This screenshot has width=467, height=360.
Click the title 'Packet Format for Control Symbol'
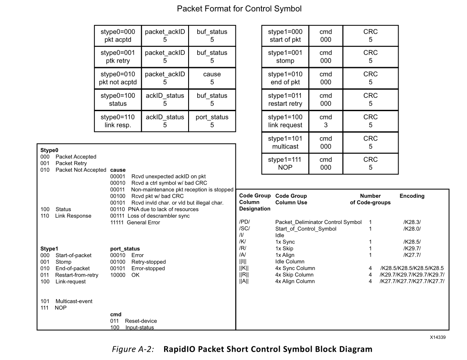pos(239,9)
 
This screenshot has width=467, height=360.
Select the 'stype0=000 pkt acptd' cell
pos(118,36)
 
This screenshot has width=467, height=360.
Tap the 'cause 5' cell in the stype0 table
pos(212,78)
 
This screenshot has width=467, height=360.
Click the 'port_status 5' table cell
pos(212,121)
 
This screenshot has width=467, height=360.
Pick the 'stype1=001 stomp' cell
pos(285,57)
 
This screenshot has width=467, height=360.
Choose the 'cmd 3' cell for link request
pos(326,121)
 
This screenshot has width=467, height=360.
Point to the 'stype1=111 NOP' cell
pos(285,163)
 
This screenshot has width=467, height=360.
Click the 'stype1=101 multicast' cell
pos(285,142)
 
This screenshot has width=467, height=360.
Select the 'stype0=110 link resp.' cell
pos(118,121)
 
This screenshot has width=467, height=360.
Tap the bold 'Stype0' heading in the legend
pos(49,150)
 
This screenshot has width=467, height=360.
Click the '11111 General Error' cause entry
pos(135,223)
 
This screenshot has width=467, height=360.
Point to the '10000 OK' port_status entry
pos(125,275)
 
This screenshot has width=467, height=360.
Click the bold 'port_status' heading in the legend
pos(125,249)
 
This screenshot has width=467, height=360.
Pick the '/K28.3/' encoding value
pos(412,222)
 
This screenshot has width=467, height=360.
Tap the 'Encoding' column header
pos(412,196)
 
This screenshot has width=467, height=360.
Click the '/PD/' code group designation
pos(244,222)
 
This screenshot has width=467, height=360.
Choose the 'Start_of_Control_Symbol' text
pos(306,229)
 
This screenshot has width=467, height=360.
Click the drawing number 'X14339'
pos(438,338)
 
